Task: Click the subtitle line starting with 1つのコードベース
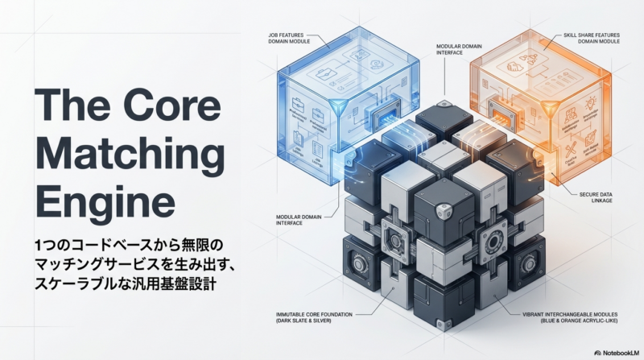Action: (121, 244)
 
